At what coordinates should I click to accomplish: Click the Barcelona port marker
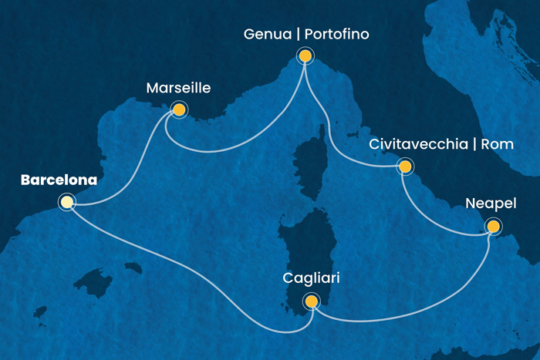click(67, 203)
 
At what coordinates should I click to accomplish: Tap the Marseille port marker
click(179, 109)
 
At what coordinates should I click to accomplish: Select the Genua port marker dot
click(305, 56)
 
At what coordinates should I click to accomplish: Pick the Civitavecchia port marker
click(404, 166)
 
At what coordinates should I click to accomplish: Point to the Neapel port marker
click(492, 227)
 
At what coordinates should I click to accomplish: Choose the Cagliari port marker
click(311, 301)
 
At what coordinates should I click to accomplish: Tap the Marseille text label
click(178, 89)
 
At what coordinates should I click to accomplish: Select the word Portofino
click(338, 35)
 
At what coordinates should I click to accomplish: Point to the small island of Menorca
click(133, 268)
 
